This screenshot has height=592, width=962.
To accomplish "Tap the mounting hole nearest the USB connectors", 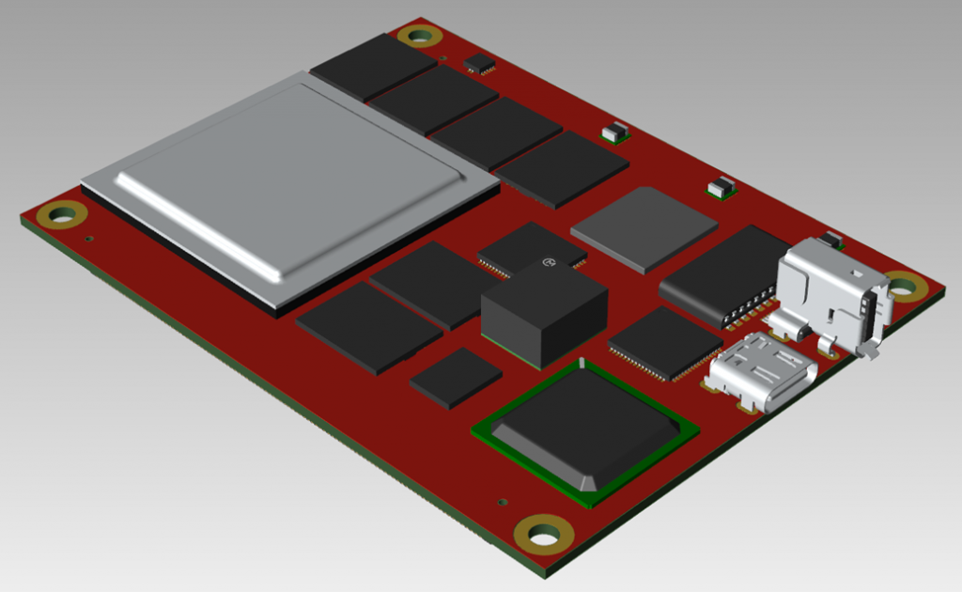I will point(903,287).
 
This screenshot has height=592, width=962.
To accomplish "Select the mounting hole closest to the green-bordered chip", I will point(544,535).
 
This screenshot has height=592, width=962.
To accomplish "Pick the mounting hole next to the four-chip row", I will point(419,37).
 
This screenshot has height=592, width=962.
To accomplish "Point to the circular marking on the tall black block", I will point(548,264).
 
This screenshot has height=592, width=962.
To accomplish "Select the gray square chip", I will point(644,229).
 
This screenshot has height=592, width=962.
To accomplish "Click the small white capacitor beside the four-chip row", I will point(615,132).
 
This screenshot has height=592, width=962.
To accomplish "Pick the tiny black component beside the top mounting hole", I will point(480,64).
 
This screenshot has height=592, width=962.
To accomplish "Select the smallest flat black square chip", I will point(456,378).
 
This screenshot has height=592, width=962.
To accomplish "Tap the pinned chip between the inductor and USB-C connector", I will point(664,343).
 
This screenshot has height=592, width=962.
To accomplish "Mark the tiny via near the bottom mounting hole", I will point(504,502).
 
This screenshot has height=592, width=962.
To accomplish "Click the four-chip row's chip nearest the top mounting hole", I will point(373,66).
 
